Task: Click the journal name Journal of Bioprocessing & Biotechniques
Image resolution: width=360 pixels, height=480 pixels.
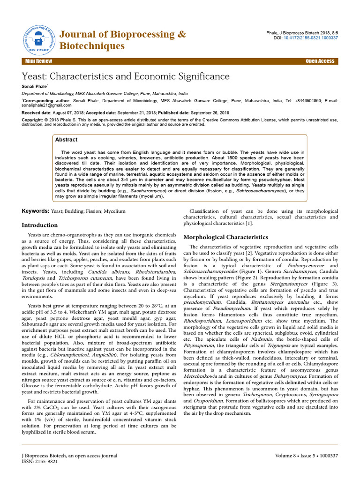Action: pos(122,40)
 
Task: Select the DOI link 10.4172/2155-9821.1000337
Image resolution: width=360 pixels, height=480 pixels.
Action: pos(314,37)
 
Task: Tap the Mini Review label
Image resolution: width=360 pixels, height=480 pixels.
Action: pos(39,61)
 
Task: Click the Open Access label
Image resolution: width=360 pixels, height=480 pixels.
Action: pos(320,61)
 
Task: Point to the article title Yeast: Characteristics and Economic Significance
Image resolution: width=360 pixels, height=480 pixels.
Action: pos(126,76)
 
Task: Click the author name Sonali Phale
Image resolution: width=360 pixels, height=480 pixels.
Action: pos(35,87)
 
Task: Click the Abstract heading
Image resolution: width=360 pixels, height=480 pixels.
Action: pos(66,140)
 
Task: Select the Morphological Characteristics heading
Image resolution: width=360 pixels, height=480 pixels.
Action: pos(225,237)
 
